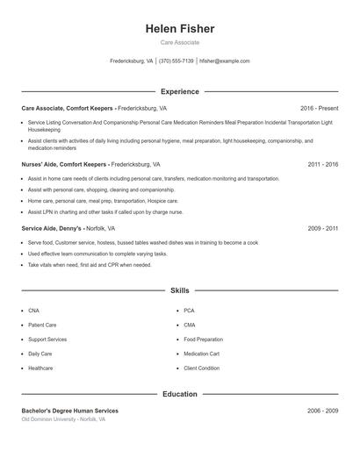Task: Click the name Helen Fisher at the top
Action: [x=180, y=29]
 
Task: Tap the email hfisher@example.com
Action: [x=225, y=61]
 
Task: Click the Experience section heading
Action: [x=180, y=91]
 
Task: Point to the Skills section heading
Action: [x=180, y=290]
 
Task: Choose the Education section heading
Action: [x=180, y=394]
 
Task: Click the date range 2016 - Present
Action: [x=319, y=108]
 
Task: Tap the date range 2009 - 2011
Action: [x=322, y=228]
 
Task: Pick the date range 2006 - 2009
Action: [x=322, y=411]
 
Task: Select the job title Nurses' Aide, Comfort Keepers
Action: [x=65, y=164]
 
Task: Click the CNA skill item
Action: [x=33, y=311]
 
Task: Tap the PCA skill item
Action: [x=189, y=311]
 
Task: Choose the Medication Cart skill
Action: [x=201, y=354]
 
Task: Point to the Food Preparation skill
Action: [x=203, y=339]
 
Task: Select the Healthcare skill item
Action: [x=40, y=368]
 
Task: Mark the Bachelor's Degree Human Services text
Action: [x=69, y=411]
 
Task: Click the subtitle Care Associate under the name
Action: [x=180, y=42]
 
